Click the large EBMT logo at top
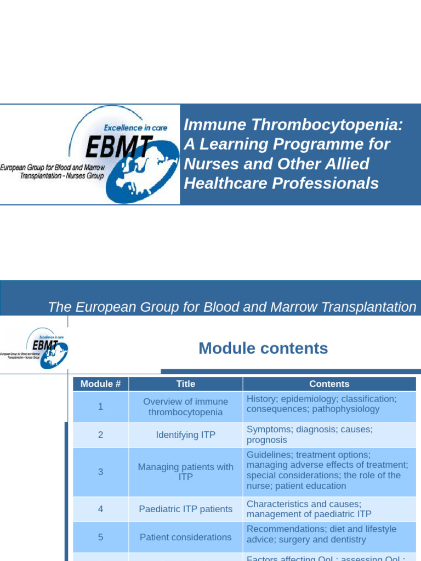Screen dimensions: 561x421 click(90, 154)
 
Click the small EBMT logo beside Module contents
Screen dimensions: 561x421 click(35, 348)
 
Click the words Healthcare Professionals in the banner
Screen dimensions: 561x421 click(281, 184)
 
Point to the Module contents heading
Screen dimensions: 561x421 click(263, 348)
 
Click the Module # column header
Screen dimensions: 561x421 click(100, 384)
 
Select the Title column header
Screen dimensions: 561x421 click(186, 384)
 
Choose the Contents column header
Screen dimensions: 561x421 click(329, 384)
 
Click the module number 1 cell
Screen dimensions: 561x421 click(100, 407)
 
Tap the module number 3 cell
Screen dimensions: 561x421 click(100, 472)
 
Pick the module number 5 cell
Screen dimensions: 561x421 click(100, 537)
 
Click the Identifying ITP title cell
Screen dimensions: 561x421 click(186, 435)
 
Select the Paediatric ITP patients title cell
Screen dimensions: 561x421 click(186, 509)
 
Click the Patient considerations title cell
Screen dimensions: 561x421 click(186, 537)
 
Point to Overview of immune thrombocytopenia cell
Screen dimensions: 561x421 click(186, 407)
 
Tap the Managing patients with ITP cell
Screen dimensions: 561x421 click(186, 472)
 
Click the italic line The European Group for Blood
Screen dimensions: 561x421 click(232, 307)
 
